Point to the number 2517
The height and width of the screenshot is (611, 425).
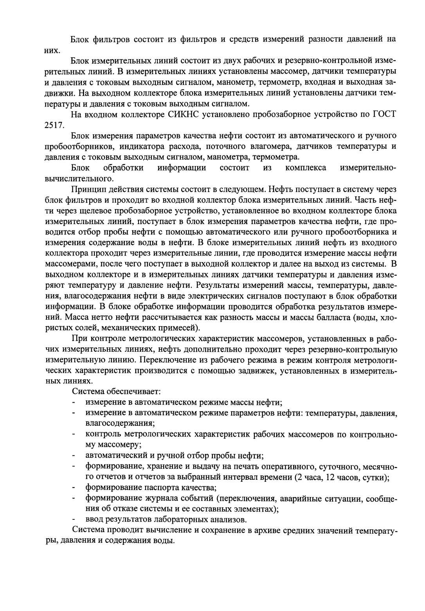coord(54,125)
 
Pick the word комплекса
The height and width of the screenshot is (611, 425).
coord(306,168)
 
